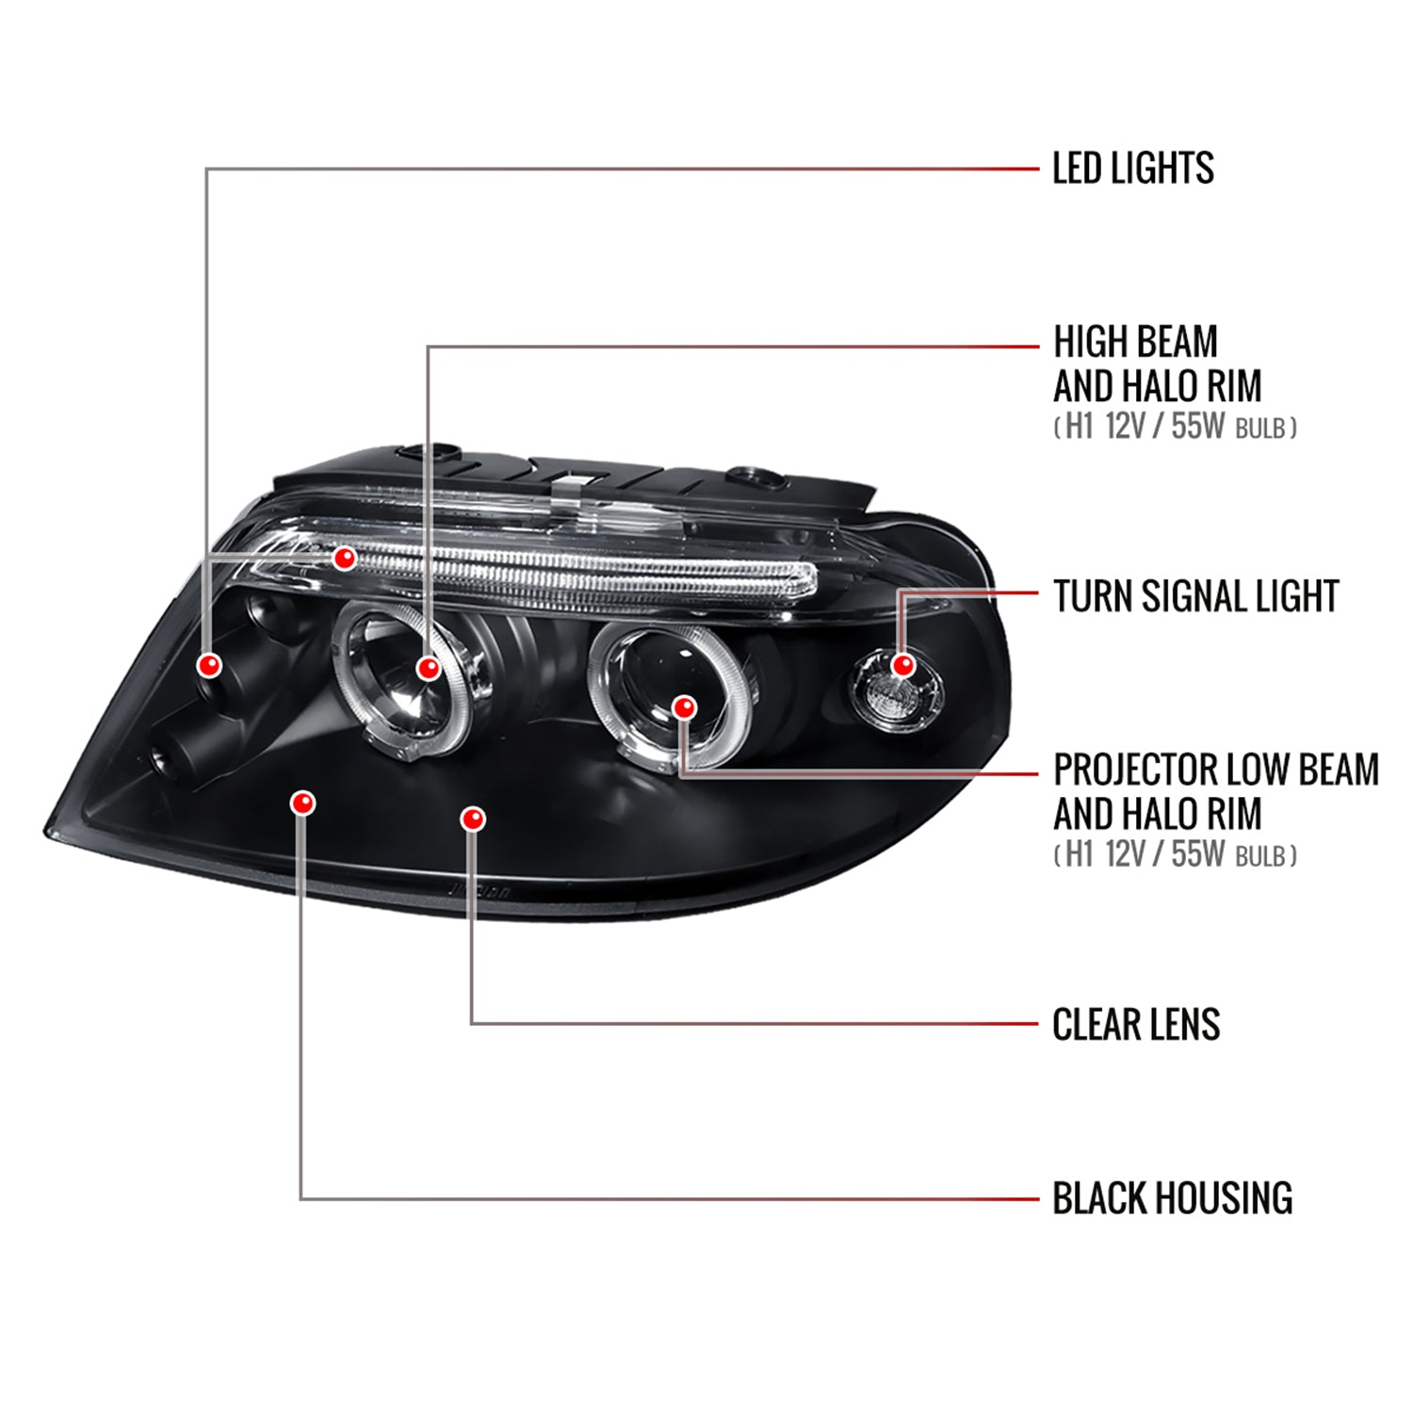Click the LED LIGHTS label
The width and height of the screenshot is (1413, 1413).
[1132, 169]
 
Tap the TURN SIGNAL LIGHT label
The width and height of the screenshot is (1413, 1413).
[1195, 596]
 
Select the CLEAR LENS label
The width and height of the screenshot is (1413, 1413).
[1136, 1024]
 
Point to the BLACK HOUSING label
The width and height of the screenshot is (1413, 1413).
[1172, 1198]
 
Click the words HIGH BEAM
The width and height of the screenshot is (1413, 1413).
[1135, 342]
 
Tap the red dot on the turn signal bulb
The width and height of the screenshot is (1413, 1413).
[903, 665]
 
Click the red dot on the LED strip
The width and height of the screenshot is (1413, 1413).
[345, 558]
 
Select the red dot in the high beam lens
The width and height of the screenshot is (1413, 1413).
[428, 668]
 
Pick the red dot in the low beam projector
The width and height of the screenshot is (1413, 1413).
[685, 706]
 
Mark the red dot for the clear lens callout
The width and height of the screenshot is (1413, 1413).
[473, 819]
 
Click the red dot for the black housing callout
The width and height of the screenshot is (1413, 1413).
[302, 803]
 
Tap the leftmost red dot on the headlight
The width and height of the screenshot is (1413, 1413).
[209, 665]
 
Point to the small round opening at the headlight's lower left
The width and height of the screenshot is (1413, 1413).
[160, 755]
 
